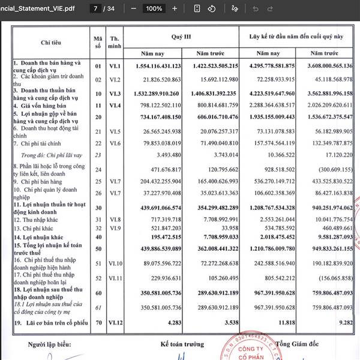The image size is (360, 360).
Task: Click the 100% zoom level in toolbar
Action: click(x=154, y=9)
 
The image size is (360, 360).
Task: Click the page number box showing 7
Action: click(x=96, y=9)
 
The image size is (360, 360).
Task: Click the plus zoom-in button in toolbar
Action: click(x=175, y=9)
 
